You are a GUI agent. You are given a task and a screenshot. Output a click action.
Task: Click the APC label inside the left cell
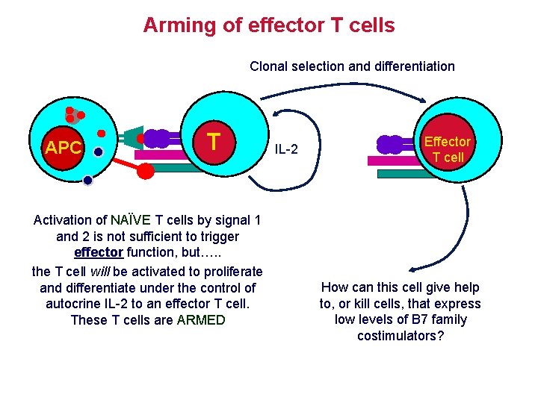coord(63,148)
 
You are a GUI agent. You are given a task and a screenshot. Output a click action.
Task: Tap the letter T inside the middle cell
coord(214,141)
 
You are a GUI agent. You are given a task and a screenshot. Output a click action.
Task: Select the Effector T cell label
coord(448,149)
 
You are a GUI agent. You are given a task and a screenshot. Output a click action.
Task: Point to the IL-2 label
coord(285,150)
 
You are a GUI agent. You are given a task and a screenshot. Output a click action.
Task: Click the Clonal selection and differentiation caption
coord(352,66)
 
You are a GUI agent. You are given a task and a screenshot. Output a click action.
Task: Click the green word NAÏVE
coord(132,220)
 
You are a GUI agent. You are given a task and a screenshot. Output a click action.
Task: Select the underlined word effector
coord(99,253)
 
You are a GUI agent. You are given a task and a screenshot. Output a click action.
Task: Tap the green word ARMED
coord(201,320)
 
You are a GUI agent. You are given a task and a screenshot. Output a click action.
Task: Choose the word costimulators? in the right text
coord(400,336)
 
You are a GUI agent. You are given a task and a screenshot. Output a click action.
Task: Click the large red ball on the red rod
coord(146,171)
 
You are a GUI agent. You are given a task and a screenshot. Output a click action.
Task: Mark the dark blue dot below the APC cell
coord(88,180)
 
